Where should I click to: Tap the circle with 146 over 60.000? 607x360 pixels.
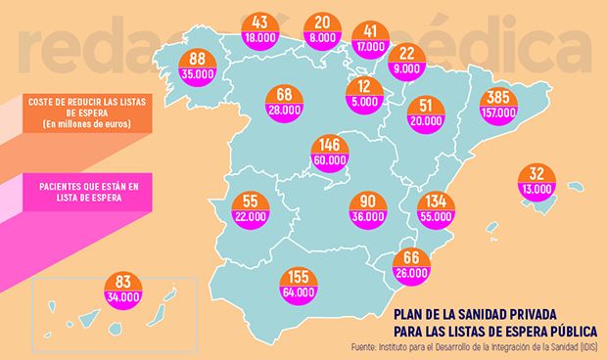tap(326, 150)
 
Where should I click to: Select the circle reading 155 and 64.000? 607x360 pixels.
tap(298, 284)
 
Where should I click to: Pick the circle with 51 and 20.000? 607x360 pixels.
tap(427, 114)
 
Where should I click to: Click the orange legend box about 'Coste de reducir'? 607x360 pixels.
tap(87, 112)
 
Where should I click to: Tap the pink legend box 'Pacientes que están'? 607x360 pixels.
tap(87, 190)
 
